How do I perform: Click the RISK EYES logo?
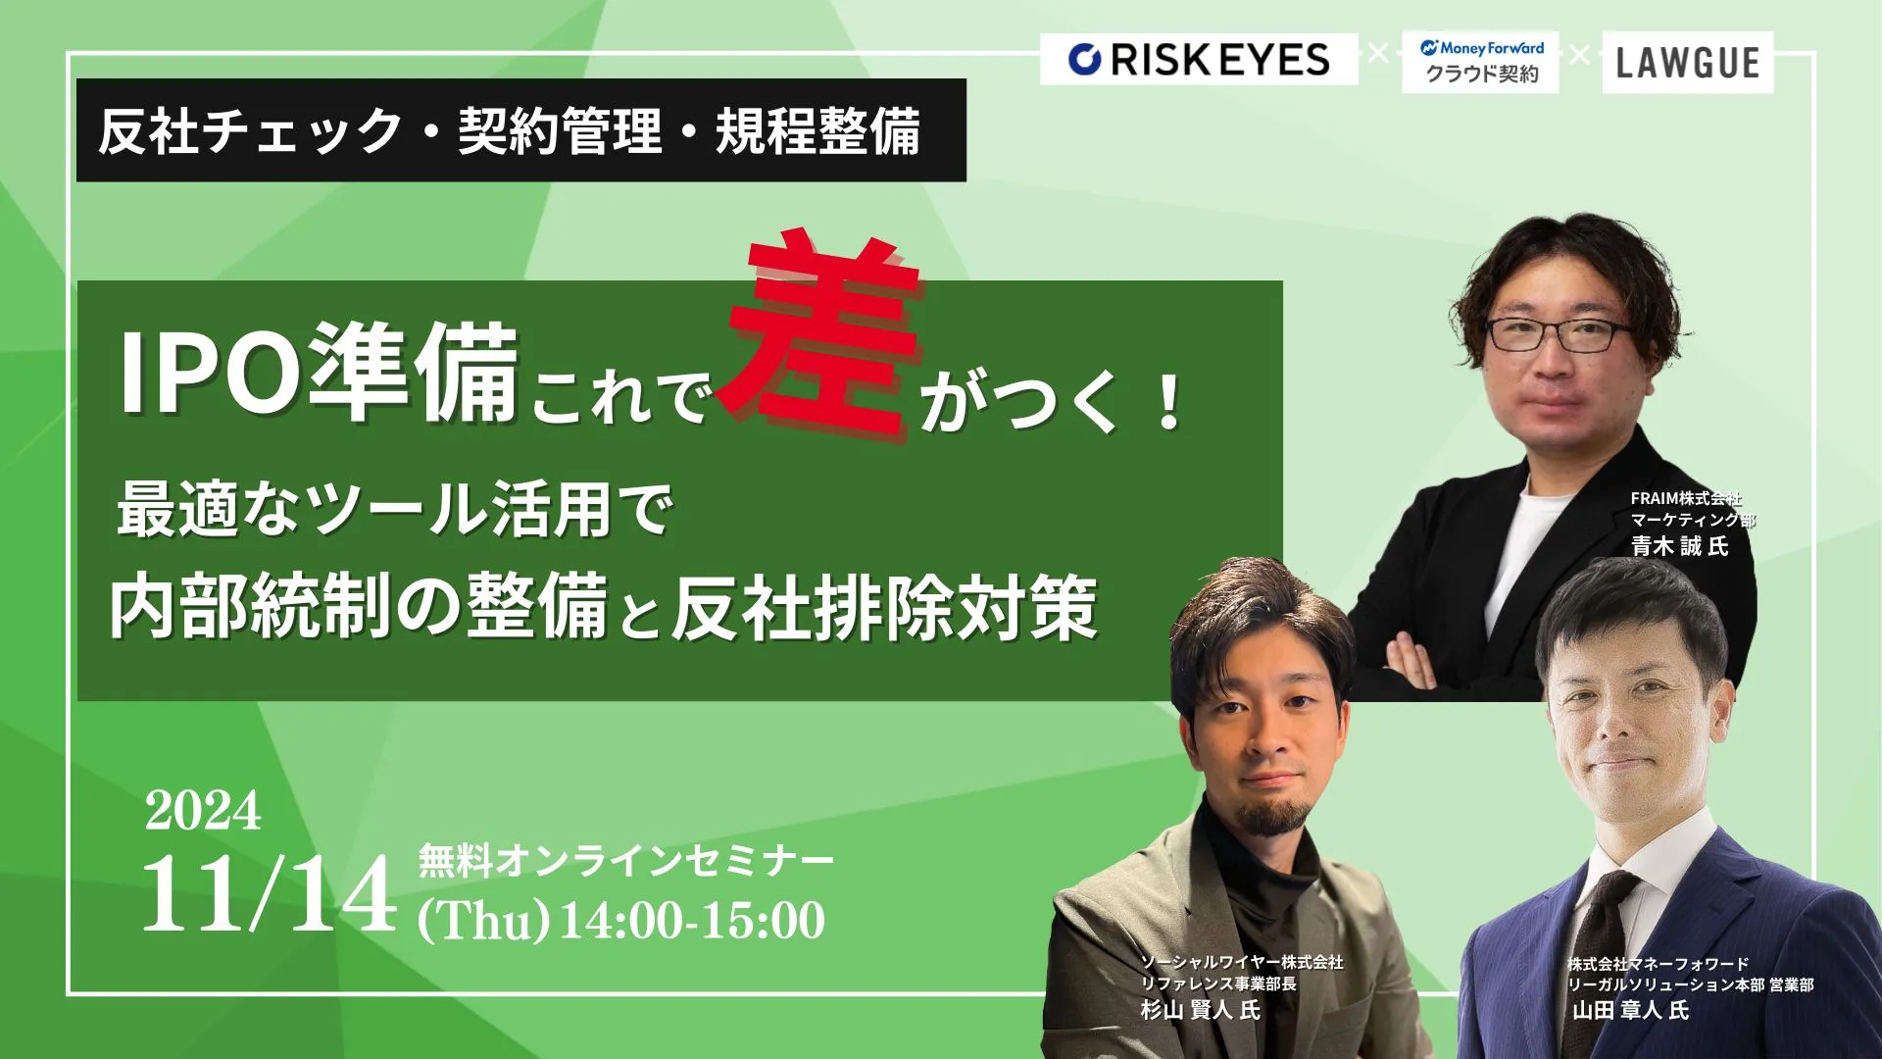pos(1199,59)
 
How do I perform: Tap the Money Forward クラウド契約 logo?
pos(1480,62)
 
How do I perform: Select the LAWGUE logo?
pos(1687,63)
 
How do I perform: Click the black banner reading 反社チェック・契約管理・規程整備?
pos(521,130)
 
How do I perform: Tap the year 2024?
pos(203,811)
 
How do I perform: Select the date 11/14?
pos(269,894)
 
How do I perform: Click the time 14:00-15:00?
pos(692,921)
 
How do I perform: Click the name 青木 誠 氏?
pos(1679,546)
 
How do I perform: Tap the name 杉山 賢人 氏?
pos(1200,1010)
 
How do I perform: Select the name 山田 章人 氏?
pos(1630,1010)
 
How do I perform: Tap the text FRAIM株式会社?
pos(1686,499)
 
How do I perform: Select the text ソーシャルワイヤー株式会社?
pos(1242,963)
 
